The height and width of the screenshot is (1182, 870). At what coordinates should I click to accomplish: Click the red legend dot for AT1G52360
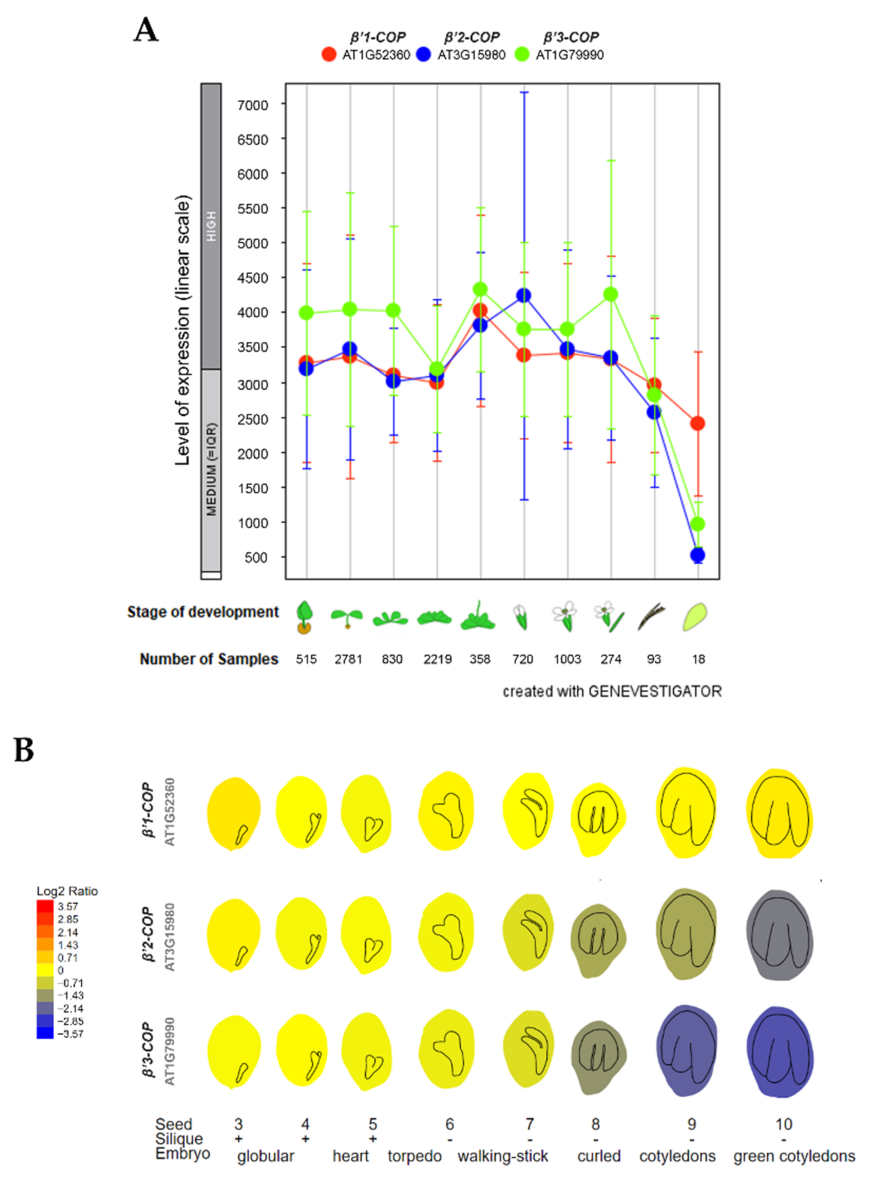click(329, 54)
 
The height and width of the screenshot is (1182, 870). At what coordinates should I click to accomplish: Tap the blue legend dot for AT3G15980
click(423, 54)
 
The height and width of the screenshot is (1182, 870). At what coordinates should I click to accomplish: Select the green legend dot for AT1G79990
click(521, 54)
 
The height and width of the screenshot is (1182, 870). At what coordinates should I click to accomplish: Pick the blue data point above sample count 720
click(524, 296)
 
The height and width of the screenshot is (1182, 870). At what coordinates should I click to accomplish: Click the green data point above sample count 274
click(611, 294)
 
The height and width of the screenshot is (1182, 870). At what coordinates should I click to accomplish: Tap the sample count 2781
click(348, 659)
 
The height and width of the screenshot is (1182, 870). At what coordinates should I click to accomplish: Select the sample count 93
click(653, 659)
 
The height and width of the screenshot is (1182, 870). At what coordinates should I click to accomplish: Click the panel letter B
click(24, 751)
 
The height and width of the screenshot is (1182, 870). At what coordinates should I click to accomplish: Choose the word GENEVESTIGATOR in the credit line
click(655, 691)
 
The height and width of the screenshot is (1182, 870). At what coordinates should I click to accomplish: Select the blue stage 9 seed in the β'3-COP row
click(687, 1050)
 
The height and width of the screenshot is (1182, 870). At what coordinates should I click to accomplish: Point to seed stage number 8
click(595, 1124)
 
